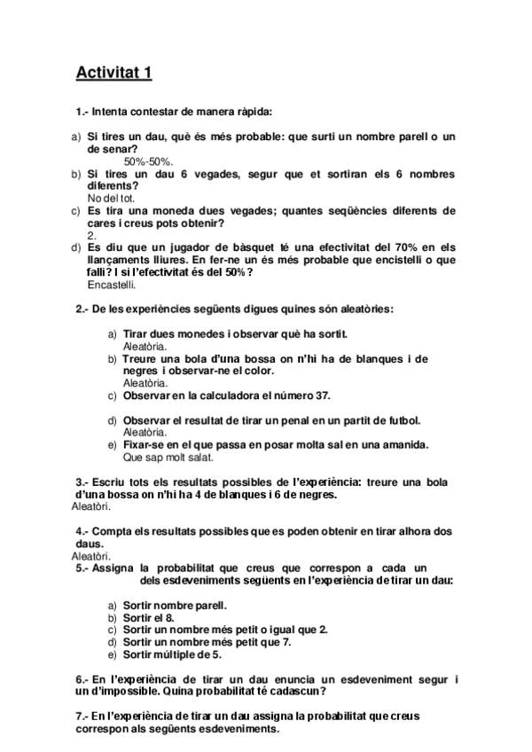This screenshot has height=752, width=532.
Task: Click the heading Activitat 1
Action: (x=113, y=72)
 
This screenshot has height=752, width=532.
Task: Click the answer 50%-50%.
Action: (x=148, y=161)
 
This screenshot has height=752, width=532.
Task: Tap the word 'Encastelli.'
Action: (x=112, y=285)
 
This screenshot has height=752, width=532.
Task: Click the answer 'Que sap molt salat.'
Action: (x=168, y=458)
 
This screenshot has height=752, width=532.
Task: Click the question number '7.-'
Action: (x=83, y=716)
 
